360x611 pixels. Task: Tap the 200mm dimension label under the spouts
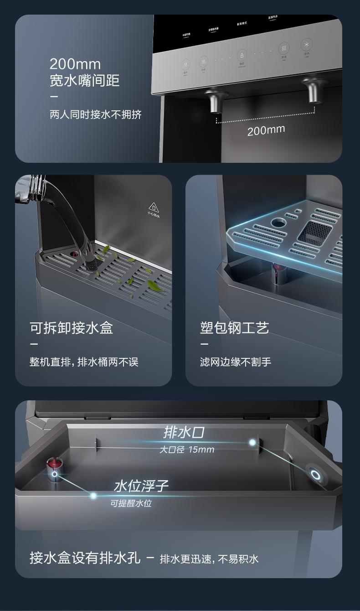click(x=266, y=130)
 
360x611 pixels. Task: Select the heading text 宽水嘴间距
click(x=84, y=81)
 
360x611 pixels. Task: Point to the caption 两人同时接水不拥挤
click(x=96, y=114)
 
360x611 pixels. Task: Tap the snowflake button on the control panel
click(x=306, y=45)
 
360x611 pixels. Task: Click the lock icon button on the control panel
click(x=242, y=55)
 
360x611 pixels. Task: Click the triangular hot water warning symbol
click(x=153, y=207)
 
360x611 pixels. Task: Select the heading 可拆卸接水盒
click(x=71, y=327)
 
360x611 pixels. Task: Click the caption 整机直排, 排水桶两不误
click(x=84, y=362)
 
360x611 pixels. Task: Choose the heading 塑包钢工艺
click(x=234, y=327)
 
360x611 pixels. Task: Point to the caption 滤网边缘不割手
click(x=236, y=362)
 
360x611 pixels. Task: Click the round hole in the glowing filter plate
click(x=278, y=223)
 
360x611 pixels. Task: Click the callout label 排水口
click(x=184, y=432)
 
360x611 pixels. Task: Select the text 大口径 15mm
click(x=186, y=450)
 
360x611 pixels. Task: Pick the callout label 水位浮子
click(x=141, y=486)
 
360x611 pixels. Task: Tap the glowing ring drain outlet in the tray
click(x=315, y=475)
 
